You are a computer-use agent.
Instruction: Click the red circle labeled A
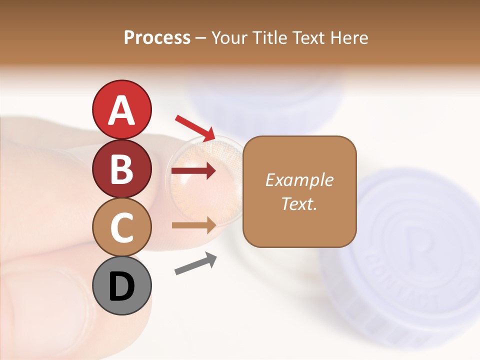click(x=121, y=109)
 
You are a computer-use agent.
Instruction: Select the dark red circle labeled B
click(x=121, y=168)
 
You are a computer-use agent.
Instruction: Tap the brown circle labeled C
click(x=121, y=227)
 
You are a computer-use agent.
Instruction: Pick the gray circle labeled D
click(x=121, y=285)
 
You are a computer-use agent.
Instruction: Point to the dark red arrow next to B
click(x=193, y=171)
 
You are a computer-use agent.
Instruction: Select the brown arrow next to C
click(x=193, y=225)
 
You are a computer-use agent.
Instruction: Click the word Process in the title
click(x=157, y=37)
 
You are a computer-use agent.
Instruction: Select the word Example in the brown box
click(x=299, y=180)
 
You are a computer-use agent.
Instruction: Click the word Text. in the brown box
click(x=299, y=203)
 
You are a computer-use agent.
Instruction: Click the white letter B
click(x=121, y=169)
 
